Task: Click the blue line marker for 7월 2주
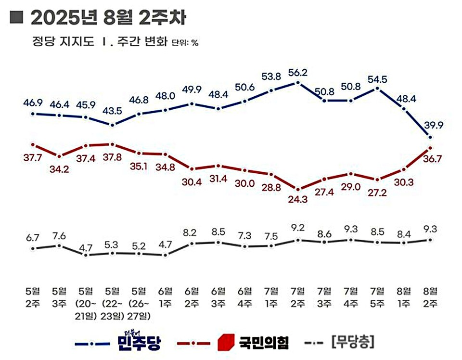297,83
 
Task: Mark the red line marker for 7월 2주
297,189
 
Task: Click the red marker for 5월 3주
59,156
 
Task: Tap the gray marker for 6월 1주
165,255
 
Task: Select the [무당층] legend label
352,343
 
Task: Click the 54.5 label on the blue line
377,78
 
